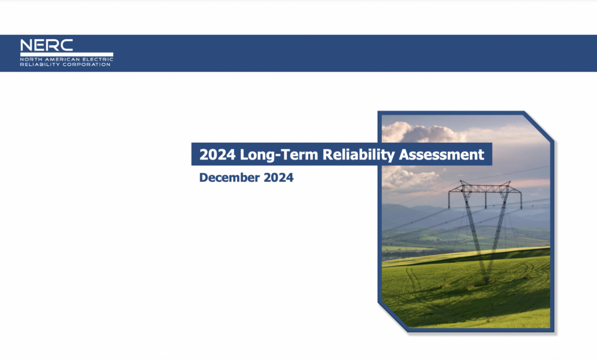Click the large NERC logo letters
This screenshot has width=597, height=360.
(47, 45)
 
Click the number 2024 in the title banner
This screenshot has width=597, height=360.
(217, 154)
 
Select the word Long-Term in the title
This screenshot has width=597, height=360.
(279, 155)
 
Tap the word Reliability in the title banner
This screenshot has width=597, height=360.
(359, 155)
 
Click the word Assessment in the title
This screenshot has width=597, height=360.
(441, 154)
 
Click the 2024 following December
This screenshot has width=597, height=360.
(279, 177)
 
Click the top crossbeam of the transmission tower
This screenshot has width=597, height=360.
(485, 188)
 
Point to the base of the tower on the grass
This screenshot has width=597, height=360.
(486, 280)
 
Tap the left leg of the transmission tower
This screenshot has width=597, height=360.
(474, 232)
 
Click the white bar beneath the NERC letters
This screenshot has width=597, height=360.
(66, 54)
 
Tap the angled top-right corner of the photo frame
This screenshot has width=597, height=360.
(539, 126)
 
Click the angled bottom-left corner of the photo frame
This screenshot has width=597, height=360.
(392, 317)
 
